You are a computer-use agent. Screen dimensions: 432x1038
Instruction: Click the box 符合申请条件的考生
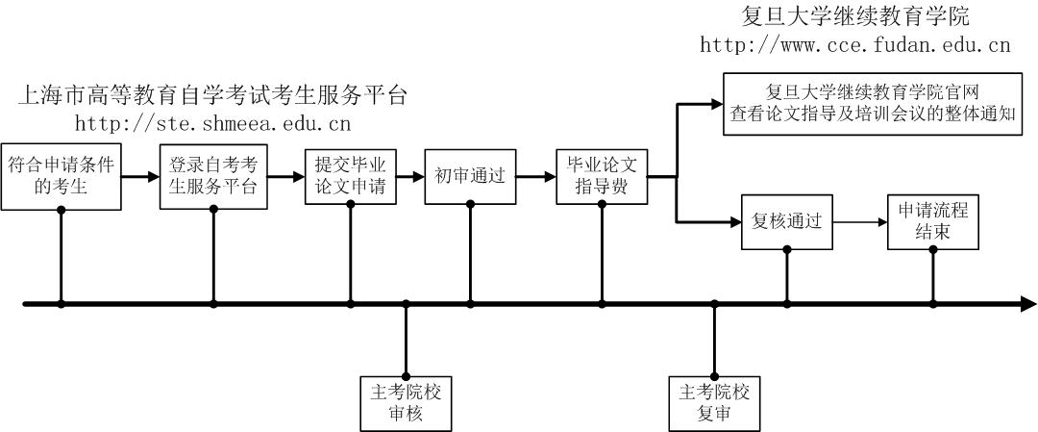click(62, 177)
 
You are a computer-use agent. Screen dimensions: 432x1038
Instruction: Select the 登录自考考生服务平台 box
click(212, 177)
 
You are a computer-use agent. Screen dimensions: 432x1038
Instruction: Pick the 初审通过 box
click(470, 177)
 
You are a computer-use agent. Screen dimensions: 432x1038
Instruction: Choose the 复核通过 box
click(787, 222)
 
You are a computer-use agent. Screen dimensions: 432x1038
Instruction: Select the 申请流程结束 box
click(932, 222)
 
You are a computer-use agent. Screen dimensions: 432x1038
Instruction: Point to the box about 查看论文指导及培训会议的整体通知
click(874, 103)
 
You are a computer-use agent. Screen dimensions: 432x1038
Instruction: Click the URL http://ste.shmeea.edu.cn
click(212, 123)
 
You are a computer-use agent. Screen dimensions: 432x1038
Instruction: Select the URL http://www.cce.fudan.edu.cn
click(854, 44)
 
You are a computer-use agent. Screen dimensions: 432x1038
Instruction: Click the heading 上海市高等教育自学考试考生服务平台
click(212, 95)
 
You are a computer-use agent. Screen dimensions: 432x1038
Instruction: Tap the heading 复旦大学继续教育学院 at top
click(855, 16)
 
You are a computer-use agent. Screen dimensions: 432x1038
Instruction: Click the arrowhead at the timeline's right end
click(1028, 304)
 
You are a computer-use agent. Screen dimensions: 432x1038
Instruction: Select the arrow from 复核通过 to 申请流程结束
click(859, 222)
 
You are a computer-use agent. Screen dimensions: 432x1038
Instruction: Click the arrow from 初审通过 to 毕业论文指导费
click(535, 177)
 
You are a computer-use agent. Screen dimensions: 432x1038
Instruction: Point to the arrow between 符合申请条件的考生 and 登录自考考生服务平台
click(140, 177)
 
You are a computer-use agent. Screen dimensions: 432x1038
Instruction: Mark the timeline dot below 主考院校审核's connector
click(406, 304)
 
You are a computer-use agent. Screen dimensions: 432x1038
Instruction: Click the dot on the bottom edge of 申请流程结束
click(932, 249)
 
